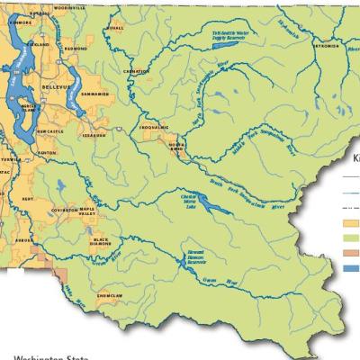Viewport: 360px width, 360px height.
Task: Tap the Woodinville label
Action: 70,6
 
